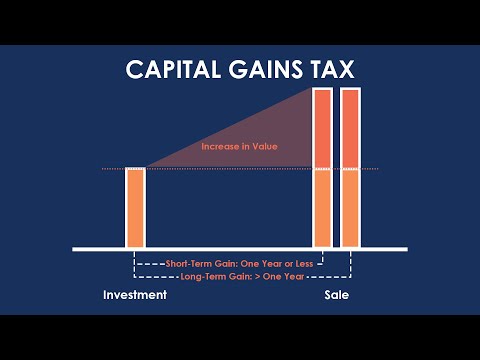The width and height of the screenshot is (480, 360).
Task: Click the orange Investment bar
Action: point(135,207)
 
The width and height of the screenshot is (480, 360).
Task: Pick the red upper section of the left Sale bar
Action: point(322,128)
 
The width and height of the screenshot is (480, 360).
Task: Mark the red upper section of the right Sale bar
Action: point(350,128)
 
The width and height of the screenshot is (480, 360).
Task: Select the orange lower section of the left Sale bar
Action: point(322,208)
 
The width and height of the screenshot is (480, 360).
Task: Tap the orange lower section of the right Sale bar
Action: point(350,208)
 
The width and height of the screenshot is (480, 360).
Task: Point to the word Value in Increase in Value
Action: point(264,147)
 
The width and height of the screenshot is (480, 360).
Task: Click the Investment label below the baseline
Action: point(135,297)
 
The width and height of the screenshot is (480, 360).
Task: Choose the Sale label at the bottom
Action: point(337,297)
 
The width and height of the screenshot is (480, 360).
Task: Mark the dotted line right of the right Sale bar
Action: point(369,169)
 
